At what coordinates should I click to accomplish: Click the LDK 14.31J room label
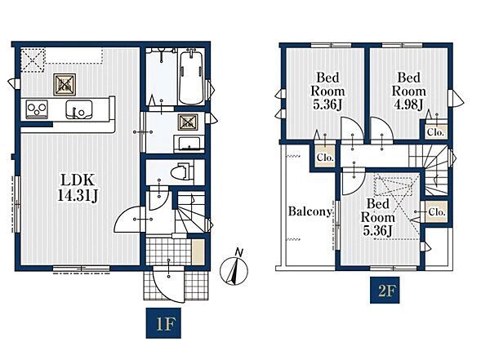pyautogui.click(x=78, y=188)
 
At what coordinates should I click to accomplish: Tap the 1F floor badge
pyautogui.click(x=163, y=323)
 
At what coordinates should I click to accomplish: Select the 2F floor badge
pyautogui.click(x=385, y=291)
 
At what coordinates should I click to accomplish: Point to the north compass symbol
pyautogui.click(x=234, y=268)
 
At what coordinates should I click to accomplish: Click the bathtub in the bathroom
pyautogui.click(x=191, y=77)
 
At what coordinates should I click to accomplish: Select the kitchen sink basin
pyautogui.click(x=78, y=109)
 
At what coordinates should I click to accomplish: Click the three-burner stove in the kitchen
pyautogui.click(x=37, y=109)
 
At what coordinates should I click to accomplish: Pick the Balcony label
pyautogui.click(x=310, y=211)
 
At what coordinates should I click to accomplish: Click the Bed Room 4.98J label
pyautogui.click(x=409, y=91)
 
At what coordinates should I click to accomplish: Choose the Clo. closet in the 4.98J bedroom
pyautogui.click(x=435, y=128)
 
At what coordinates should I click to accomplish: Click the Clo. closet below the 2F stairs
pyautogui.click(x=436, y=211)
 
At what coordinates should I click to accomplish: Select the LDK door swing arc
pyautogui.click(x=127, y=220)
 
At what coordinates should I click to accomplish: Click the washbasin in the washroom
pyautogui.click(x=189, y=144)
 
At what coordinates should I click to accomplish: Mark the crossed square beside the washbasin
pyautogui.click(x=188, y=122)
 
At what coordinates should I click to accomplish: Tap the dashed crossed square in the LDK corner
pyautogui.click(x=33, y=60)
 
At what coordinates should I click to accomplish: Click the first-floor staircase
pyautogui.click(x=190, y=212)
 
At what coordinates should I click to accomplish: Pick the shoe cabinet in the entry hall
pyautogui.click(x=198, y=252)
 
